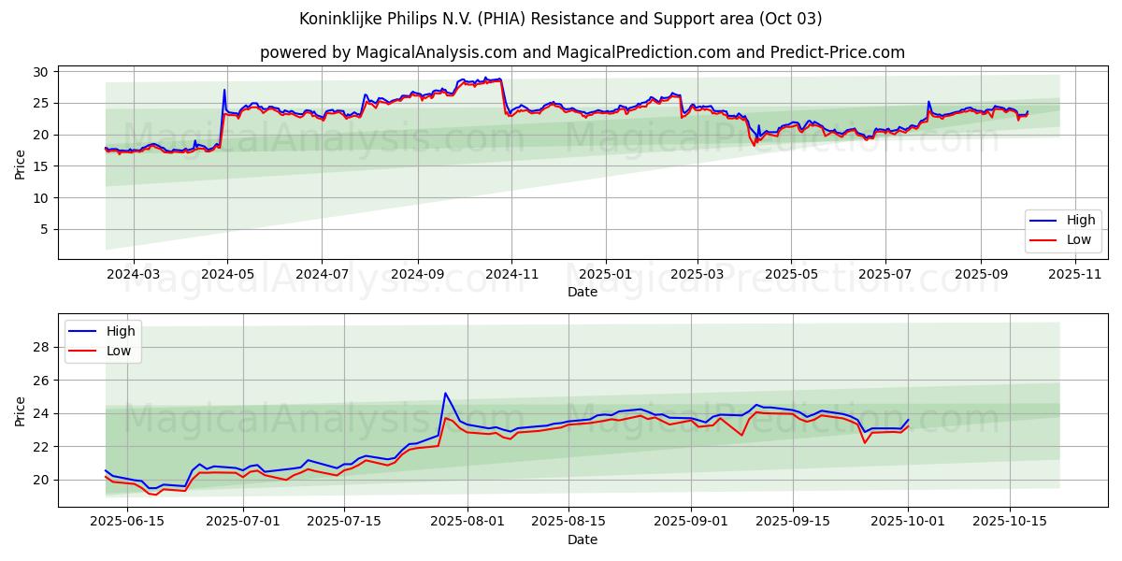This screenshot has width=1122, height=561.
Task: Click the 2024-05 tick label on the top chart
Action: click(x=227, y=274)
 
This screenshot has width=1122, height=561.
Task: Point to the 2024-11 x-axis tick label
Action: click(x=511, y=274)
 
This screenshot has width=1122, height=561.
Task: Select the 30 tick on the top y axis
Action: click(x=41, y=72)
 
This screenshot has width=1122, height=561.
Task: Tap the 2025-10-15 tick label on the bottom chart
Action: click(x=1009, y=522)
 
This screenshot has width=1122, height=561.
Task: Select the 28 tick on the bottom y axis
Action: click(x=41, y=347)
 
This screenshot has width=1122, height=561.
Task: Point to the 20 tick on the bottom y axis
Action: click(x=41, y=480)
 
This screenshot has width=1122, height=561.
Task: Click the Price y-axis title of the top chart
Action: click(x=21, y=165)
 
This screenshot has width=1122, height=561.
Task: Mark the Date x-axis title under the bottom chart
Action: click(x=582, y=539)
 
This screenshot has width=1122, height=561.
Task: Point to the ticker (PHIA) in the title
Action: click(x=519, y=19)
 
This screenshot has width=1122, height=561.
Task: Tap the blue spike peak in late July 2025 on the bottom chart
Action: click(x=445, y=394)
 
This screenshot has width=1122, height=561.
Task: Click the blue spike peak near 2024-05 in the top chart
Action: click(x=224, y=90)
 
